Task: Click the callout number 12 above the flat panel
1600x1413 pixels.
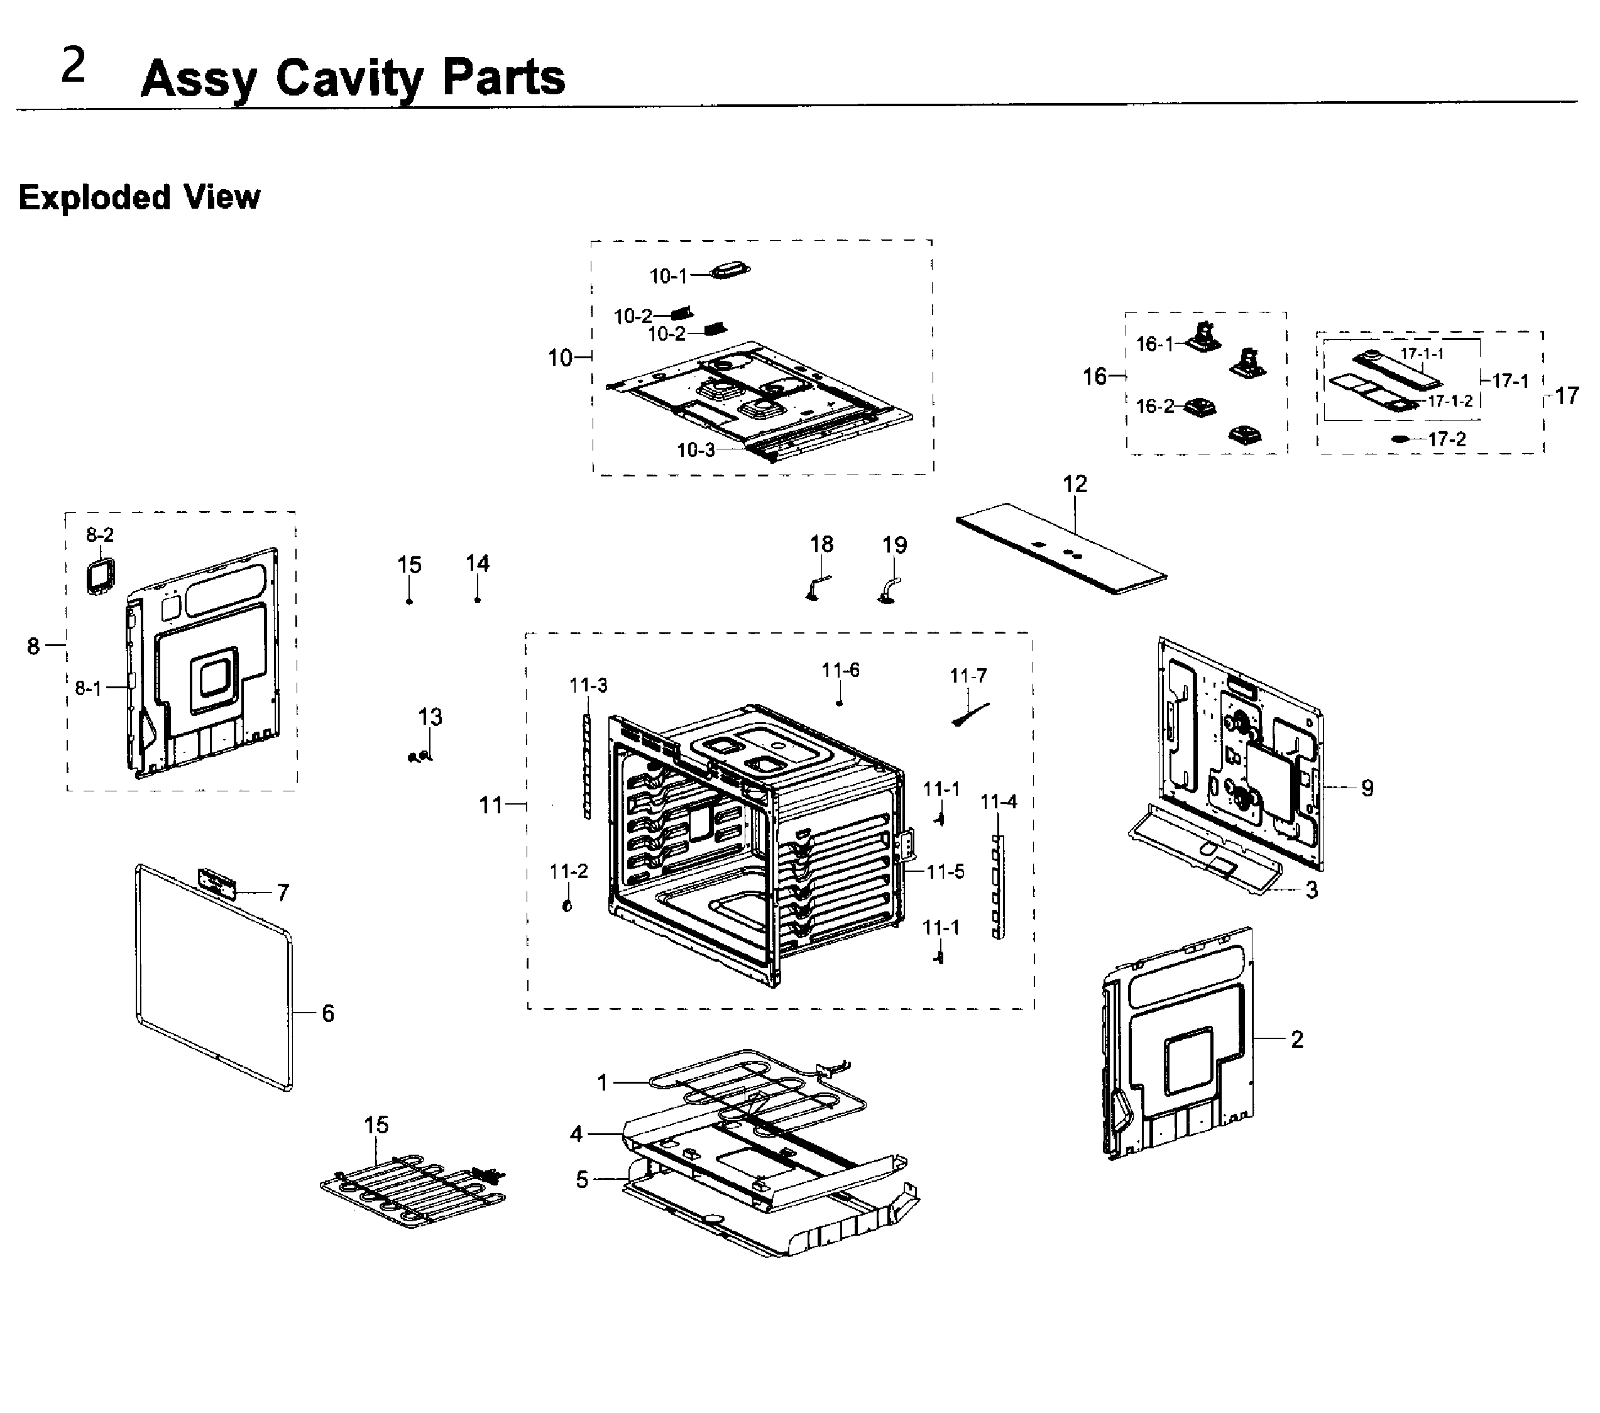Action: tap(1075, 484)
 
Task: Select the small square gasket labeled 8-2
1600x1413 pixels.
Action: tap(100, 577)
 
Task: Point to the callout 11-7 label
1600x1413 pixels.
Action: tap(968, 676)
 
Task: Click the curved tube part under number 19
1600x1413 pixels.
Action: tap(889, 591)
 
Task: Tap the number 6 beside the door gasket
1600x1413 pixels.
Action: tap(328, 1014)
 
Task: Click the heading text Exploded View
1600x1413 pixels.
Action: tap(140, 197)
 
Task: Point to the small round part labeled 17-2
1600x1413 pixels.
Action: tap(1400, 440)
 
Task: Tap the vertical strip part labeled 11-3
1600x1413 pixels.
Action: tap(587, 765)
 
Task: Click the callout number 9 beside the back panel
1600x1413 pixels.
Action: tap(1367, 788)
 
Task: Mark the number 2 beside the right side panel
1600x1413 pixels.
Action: tap(1297, 1039)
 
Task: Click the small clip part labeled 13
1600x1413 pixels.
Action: tap(420, 756)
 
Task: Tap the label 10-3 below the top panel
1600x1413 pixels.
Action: tap(695, 450)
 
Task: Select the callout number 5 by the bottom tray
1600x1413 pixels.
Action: tap(581, 1180)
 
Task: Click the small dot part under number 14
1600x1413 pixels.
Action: tap(478, 600)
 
